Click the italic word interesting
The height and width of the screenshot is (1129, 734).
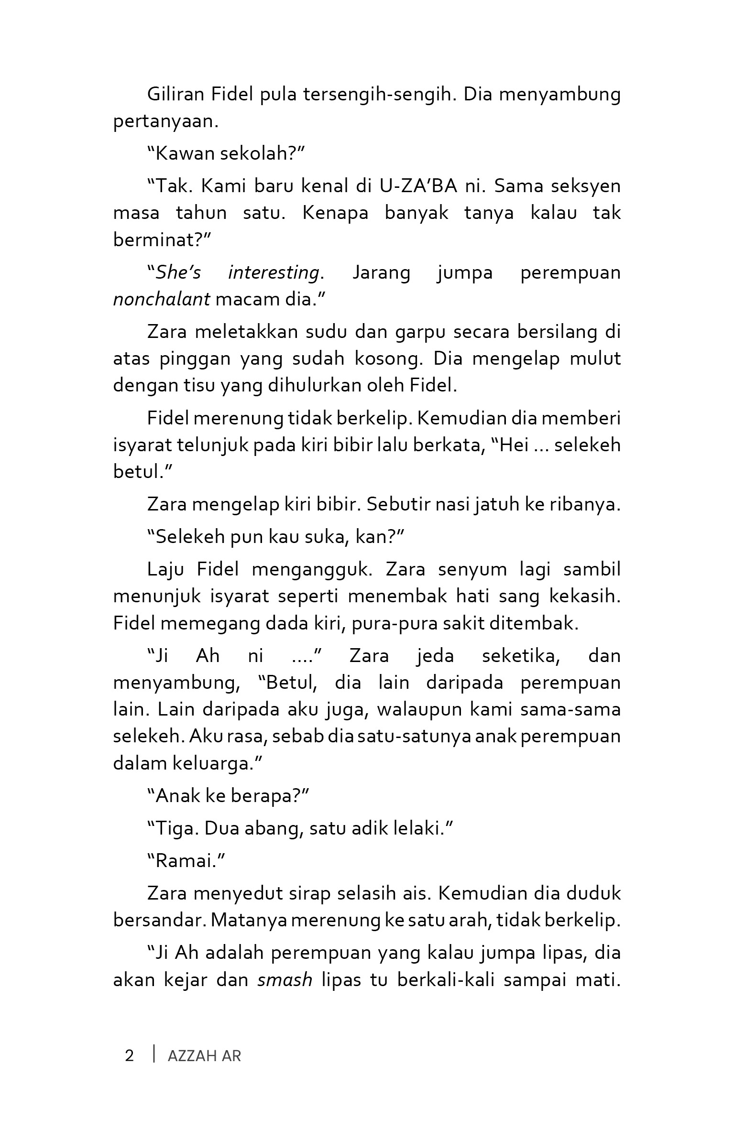[273, 272]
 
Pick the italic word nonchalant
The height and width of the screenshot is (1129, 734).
[162, 299]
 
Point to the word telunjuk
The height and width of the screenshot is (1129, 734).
[211, 445]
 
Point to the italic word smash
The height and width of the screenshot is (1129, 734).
[285, 980]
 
